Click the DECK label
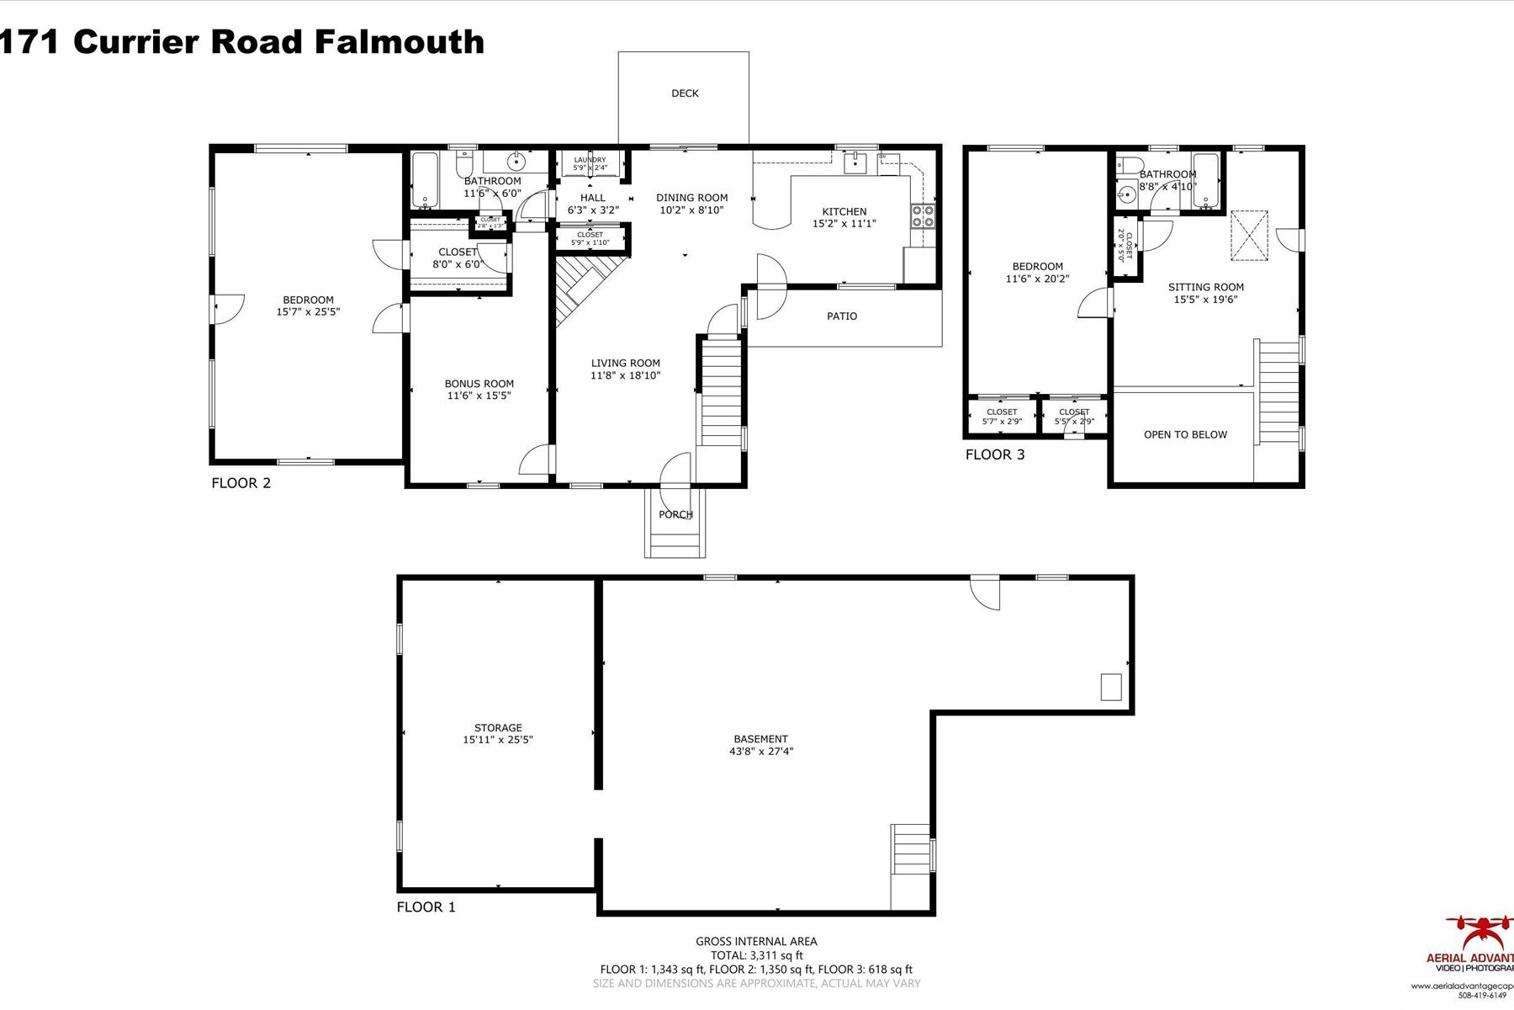click(x=685, y=93)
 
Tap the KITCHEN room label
click(x=844, y=212)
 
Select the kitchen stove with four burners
click(x=923, y=216)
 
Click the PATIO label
click(x=842, y=316)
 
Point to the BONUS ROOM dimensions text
click(x=479, y=396)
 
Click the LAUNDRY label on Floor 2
click(x=590, y=160)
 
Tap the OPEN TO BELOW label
click(x=1185, y=435)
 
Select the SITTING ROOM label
click(x=1205, y=287)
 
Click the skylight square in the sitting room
click(x=1249, y=236)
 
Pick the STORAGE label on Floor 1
click(x=498, y=728)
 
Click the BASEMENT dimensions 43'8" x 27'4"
click(x=760, y=752)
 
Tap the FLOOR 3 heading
click(x=995, y=455)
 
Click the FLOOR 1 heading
click(x=426, y=907)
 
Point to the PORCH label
click(x=675, y=514)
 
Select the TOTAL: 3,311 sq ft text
click(x=756, y=955)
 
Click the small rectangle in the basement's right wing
click(x=1111, y=687)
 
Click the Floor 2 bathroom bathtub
click(x=426, y=179)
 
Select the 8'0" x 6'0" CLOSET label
click(x=458, y=258)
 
